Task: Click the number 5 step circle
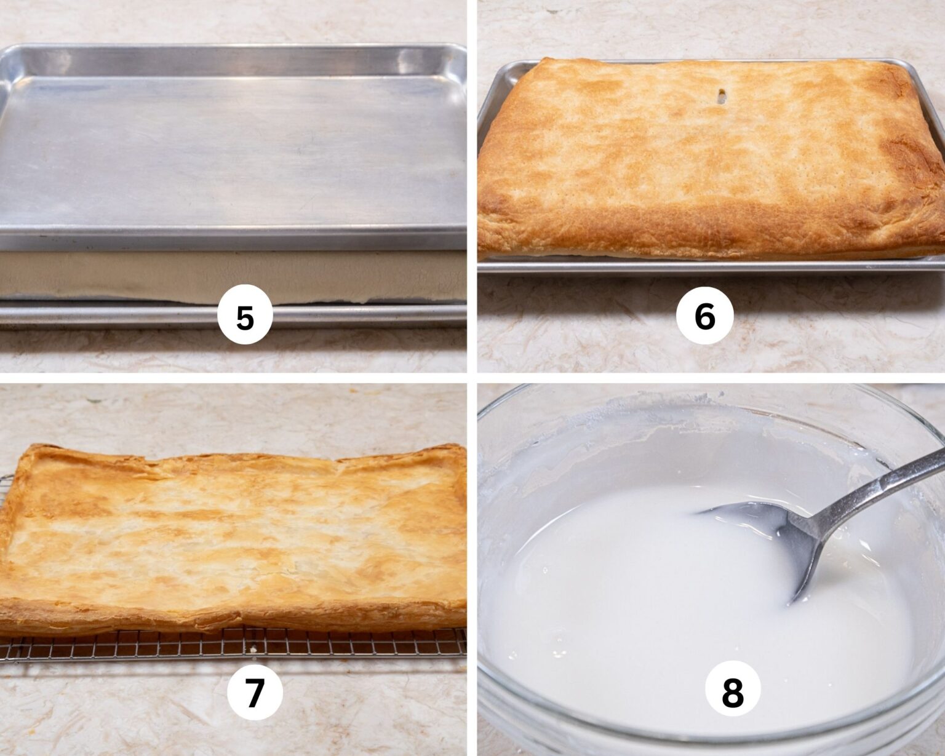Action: pyautogui.click(x=245, y=318)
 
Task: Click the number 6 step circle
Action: pyautogui.click(x=704, y=316)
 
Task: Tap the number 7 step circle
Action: pyautogui.click(x=255, y=693)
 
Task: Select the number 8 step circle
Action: pyautogui.click(x=732, y=693)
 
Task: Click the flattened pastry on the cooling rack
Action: pyautogui.click(x=234, y=529)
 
